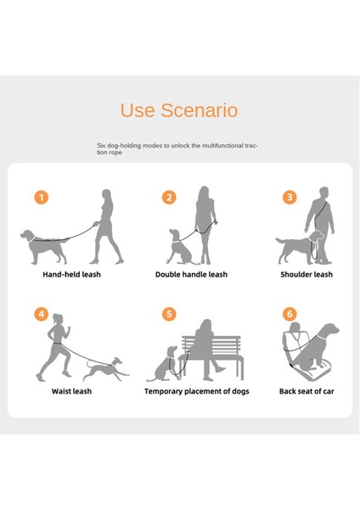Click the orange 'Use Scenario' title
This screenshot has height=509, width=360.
[x=178, y=110]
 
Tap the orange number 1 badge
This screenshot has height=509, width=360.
[x=41, y=197]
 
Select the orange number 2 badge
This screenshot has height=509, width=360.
[x=169, y=197]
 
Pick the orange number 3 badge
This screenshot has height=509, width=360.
[x=290, y=197]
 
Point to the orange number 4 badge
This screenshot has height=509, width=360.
[x=41, y=314]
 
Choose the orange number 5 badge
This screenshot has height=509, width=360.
[x=169, y=314]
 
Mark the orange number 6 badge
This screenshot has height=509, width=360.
[x=290, y=314]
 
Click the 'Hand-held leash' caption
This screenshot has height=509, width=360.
[x=71, y=275]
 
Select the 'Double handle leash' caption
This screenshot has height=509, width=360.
[x=191, y=275]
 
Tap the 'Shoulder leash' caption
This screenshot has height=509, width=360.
[x=307, y=275]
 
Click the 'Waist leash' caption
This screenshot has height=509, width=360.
[x=71, y=391]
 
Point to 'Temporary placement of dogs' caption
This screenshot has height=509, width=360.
[x=196, y=391]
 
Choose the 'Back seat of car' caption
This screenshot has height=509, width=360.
[x=307, y=391]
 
